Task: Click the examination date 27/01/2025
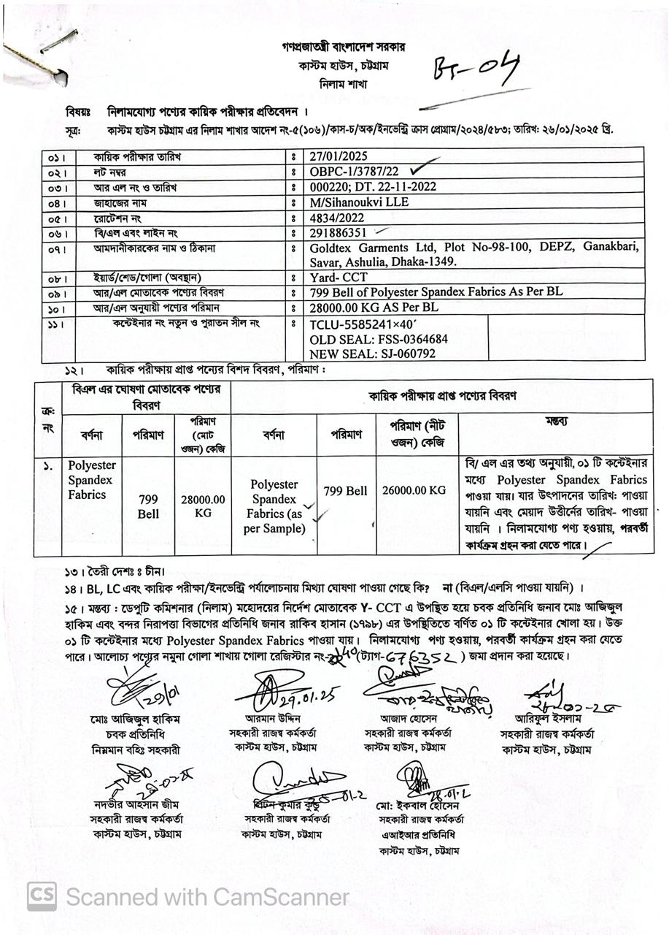coord(339,156)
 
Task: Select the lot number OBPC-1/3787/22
coord(355,172)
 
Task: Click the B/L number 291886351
coord(339,233)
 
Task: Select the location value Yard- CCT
coord(339,277)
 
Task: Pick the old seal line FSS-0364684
coord(379,339)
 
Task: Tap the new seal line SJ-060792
coord(373,354)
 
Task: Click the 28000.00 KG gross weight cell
coord(204,506)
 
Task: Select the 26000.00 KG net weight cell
coord(414,490)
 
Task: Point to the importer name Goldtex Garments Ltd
coord(371,248)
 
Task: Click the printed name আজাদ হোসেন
coord(407,718)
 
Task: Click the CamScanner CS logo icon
coord(42,896)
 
